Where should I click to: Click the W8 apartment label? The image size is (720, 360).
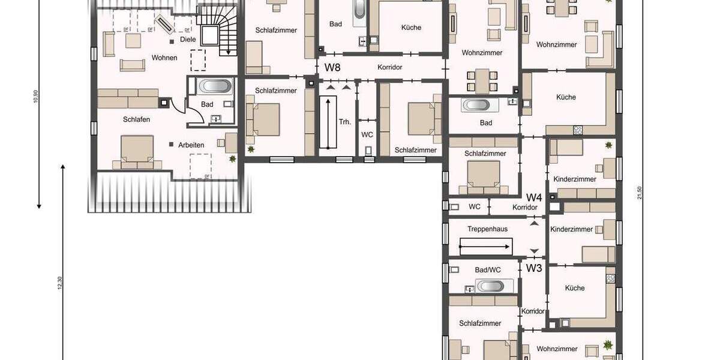coord(332,67)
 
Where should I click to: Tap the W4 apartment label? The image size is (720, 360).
coord(534,197)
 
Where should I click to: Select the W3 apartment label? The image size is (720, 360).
coord(534,268)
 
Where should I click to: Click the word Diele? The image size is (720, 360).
coord(188,40)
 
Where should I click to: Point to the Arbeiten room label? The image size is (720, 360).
coord(191,145)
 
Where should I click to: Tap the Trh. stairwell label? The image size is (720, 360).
coord(344,122)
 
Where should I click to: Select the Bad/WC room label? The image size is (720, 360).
coord(487,270)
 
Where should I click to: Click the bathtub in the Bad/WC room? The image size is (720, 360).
coord(491,286)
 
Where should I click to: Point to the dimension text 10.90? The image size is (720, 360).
coord(37,96)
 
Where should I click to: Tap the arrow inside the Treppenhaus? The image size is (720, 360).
coord(485,246)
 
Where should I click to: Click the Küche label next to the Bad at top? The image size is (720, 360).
coord(411,28)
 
